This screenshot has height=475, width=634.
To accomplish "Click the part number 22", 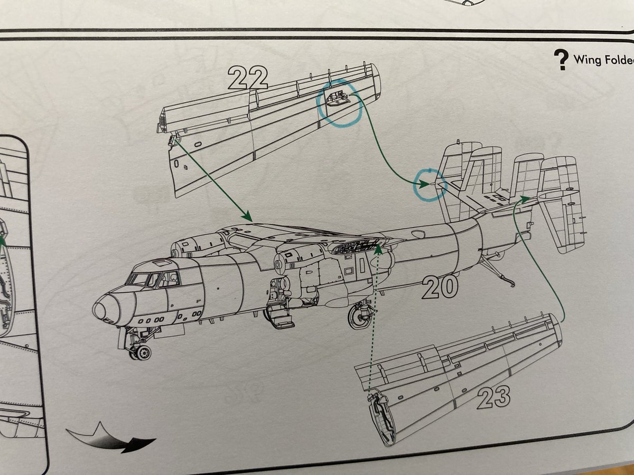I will [x=248, y=79].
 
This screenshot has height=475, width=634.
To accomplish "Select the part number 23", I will [x=493, y=397].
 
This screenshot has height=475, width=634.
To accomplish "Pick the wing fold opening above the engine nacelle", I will [x=357, y=246].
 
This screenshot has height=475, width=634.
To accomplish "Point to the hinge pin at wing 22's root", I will [x=171, y=139].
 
